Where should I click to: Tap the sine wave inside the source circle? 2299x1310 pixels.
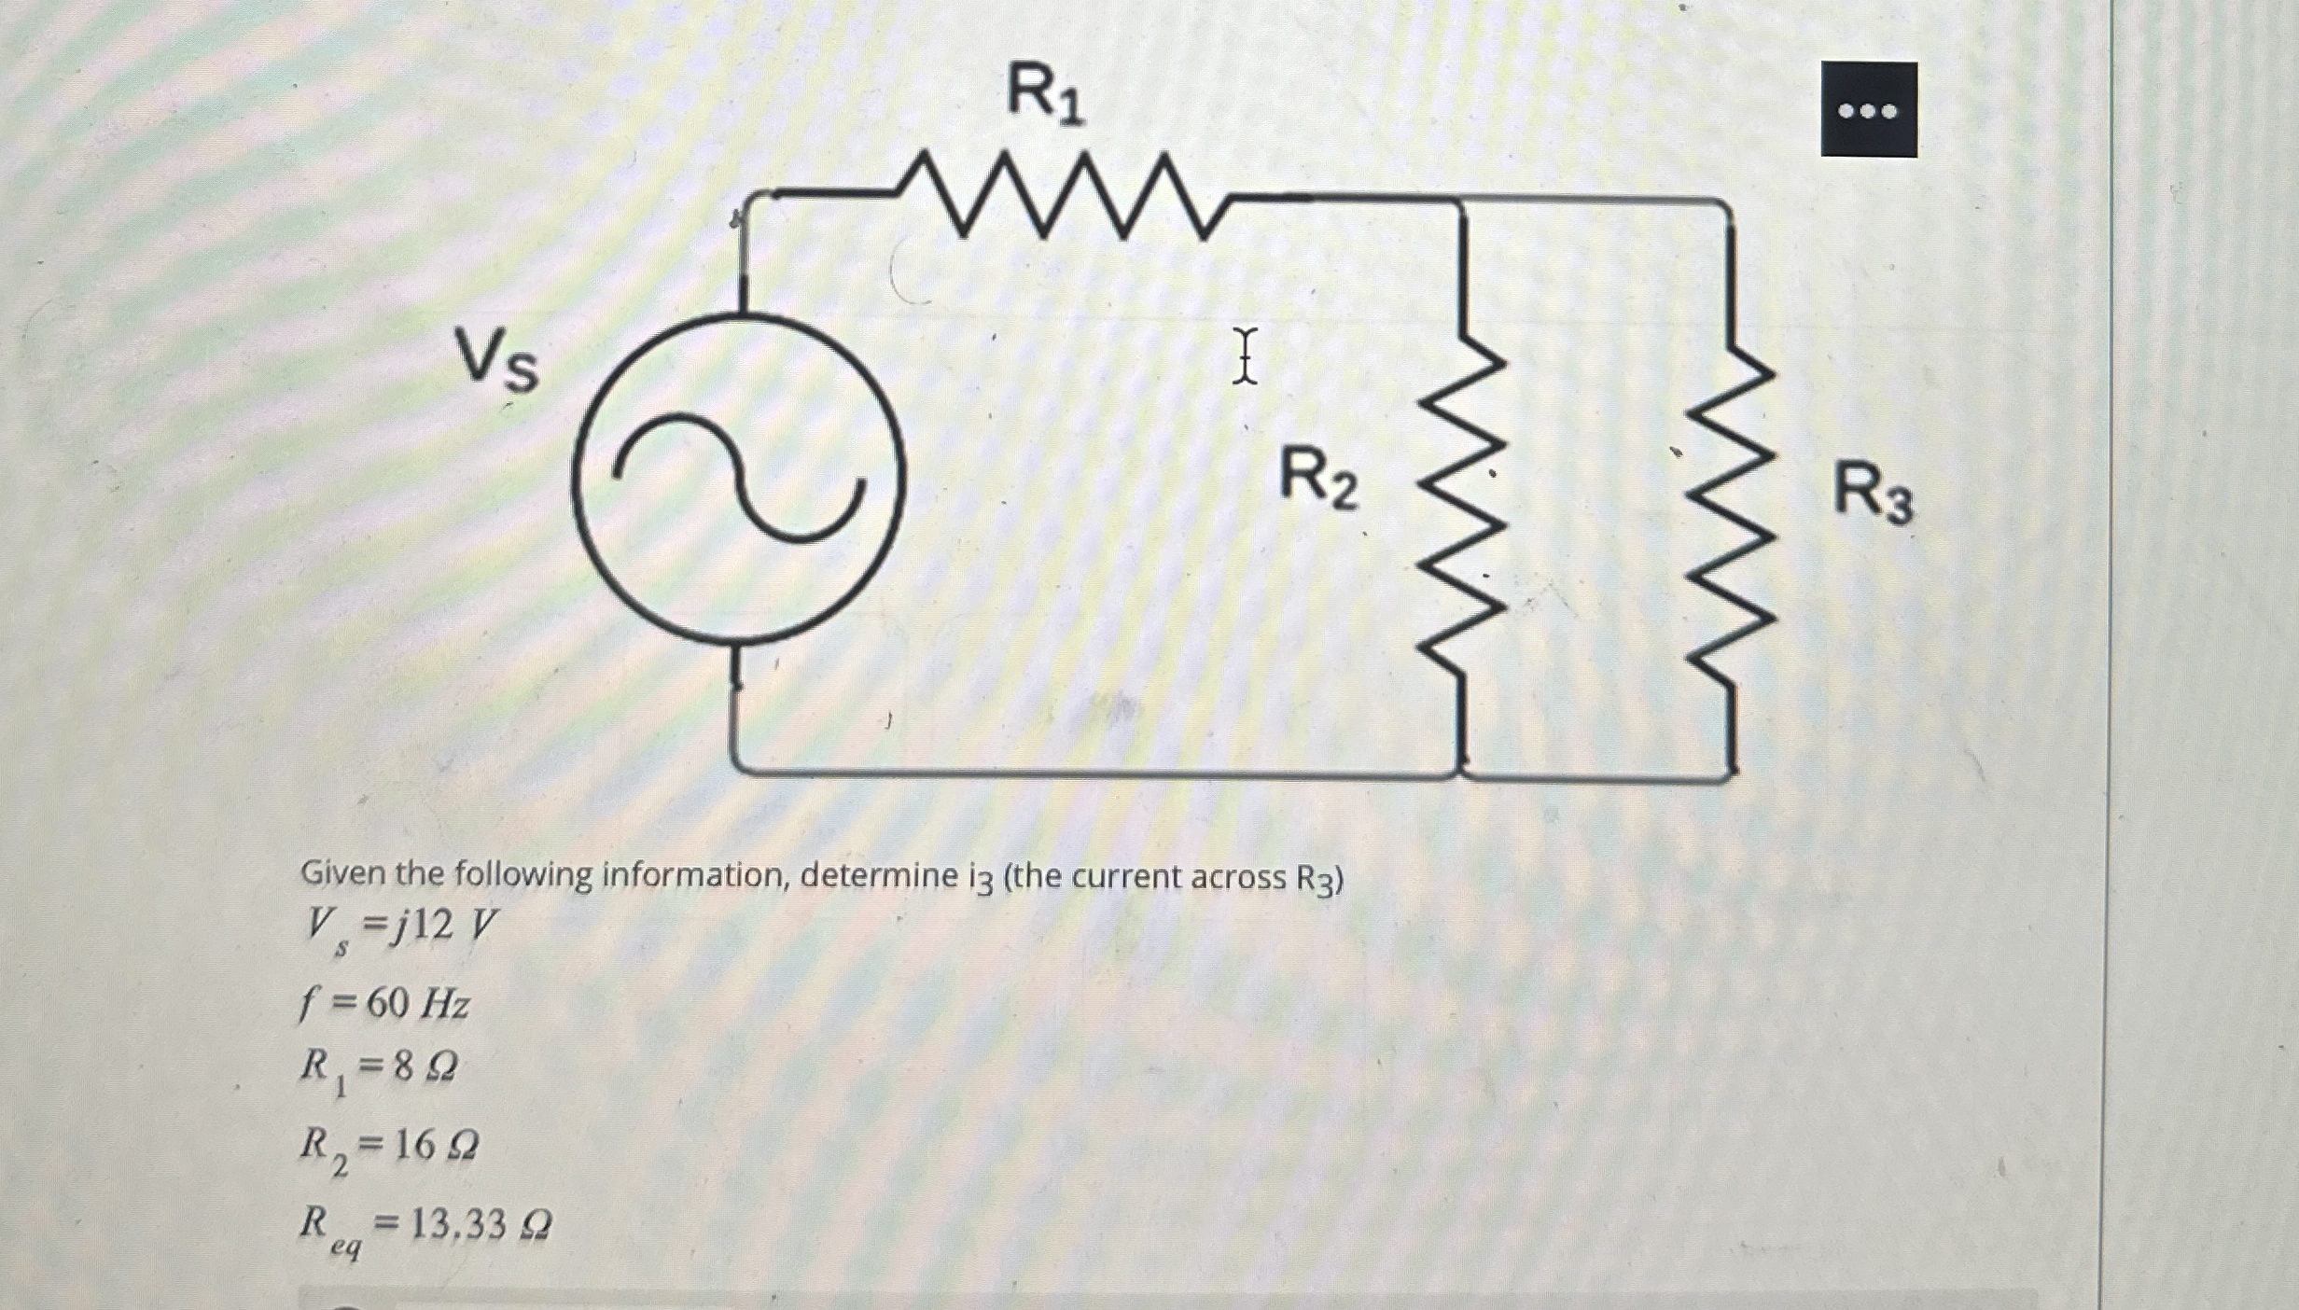[738, 478]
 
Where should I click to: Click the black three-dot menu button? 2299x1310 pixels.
[1868, 110]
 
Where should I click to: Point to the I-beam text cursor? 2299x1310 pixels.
[1244, 355]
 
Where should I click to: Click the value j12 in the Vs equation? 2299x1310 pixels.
[423, 925]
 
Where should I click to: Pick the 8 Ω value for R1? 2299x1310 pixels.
[425, 1066]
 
